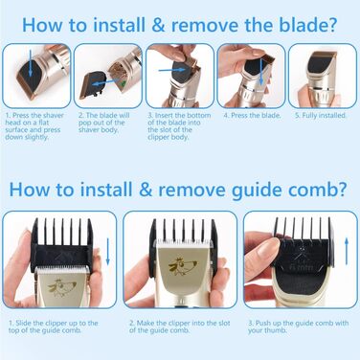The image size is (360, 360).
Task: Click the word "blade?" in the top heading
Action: tap(307, 25)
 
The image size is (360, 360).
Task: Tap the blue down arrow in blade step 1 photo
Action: tap(30, 63)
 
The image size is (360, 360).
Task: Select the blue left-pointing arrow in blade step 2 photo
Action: tap(103, 84)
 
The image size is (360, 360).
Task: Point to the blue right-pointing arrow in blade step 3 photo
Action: tap(172, 70)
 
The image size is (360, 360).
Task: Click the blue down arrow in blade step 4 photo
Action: tap(261, 72)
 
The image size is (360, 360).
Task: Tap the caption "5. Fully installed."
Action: tap(321, 116)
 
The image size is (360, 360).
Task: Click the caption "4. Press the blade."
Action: tap(252, 116)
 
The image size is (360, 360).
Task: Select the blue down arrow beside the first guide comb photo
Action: tap(107, 251)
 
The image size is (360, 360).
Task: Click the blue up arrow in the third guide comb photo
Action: tap(347, 251)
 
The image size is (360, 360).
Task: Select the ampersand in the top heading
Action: tap(158, 26)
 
